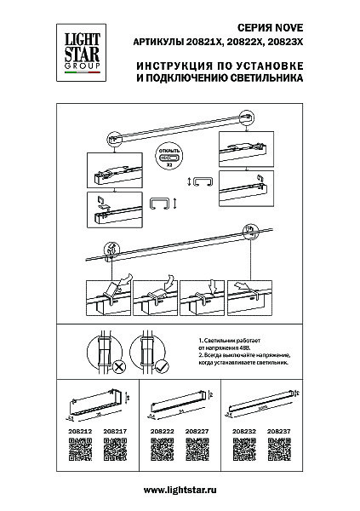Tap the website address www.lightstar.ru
180,490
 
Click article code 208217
115,432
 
